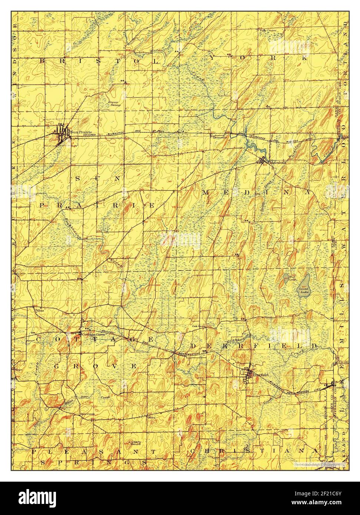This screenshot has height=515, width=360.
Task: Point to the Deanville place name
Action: click(220, 137)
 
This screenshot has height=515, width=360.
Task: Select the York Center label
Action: click(269, 30)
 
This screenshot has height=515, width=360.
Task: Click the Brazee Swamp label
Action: click(115, 103)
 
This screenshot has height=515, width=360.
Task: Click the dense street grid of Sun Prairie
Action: click(61, 133)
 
